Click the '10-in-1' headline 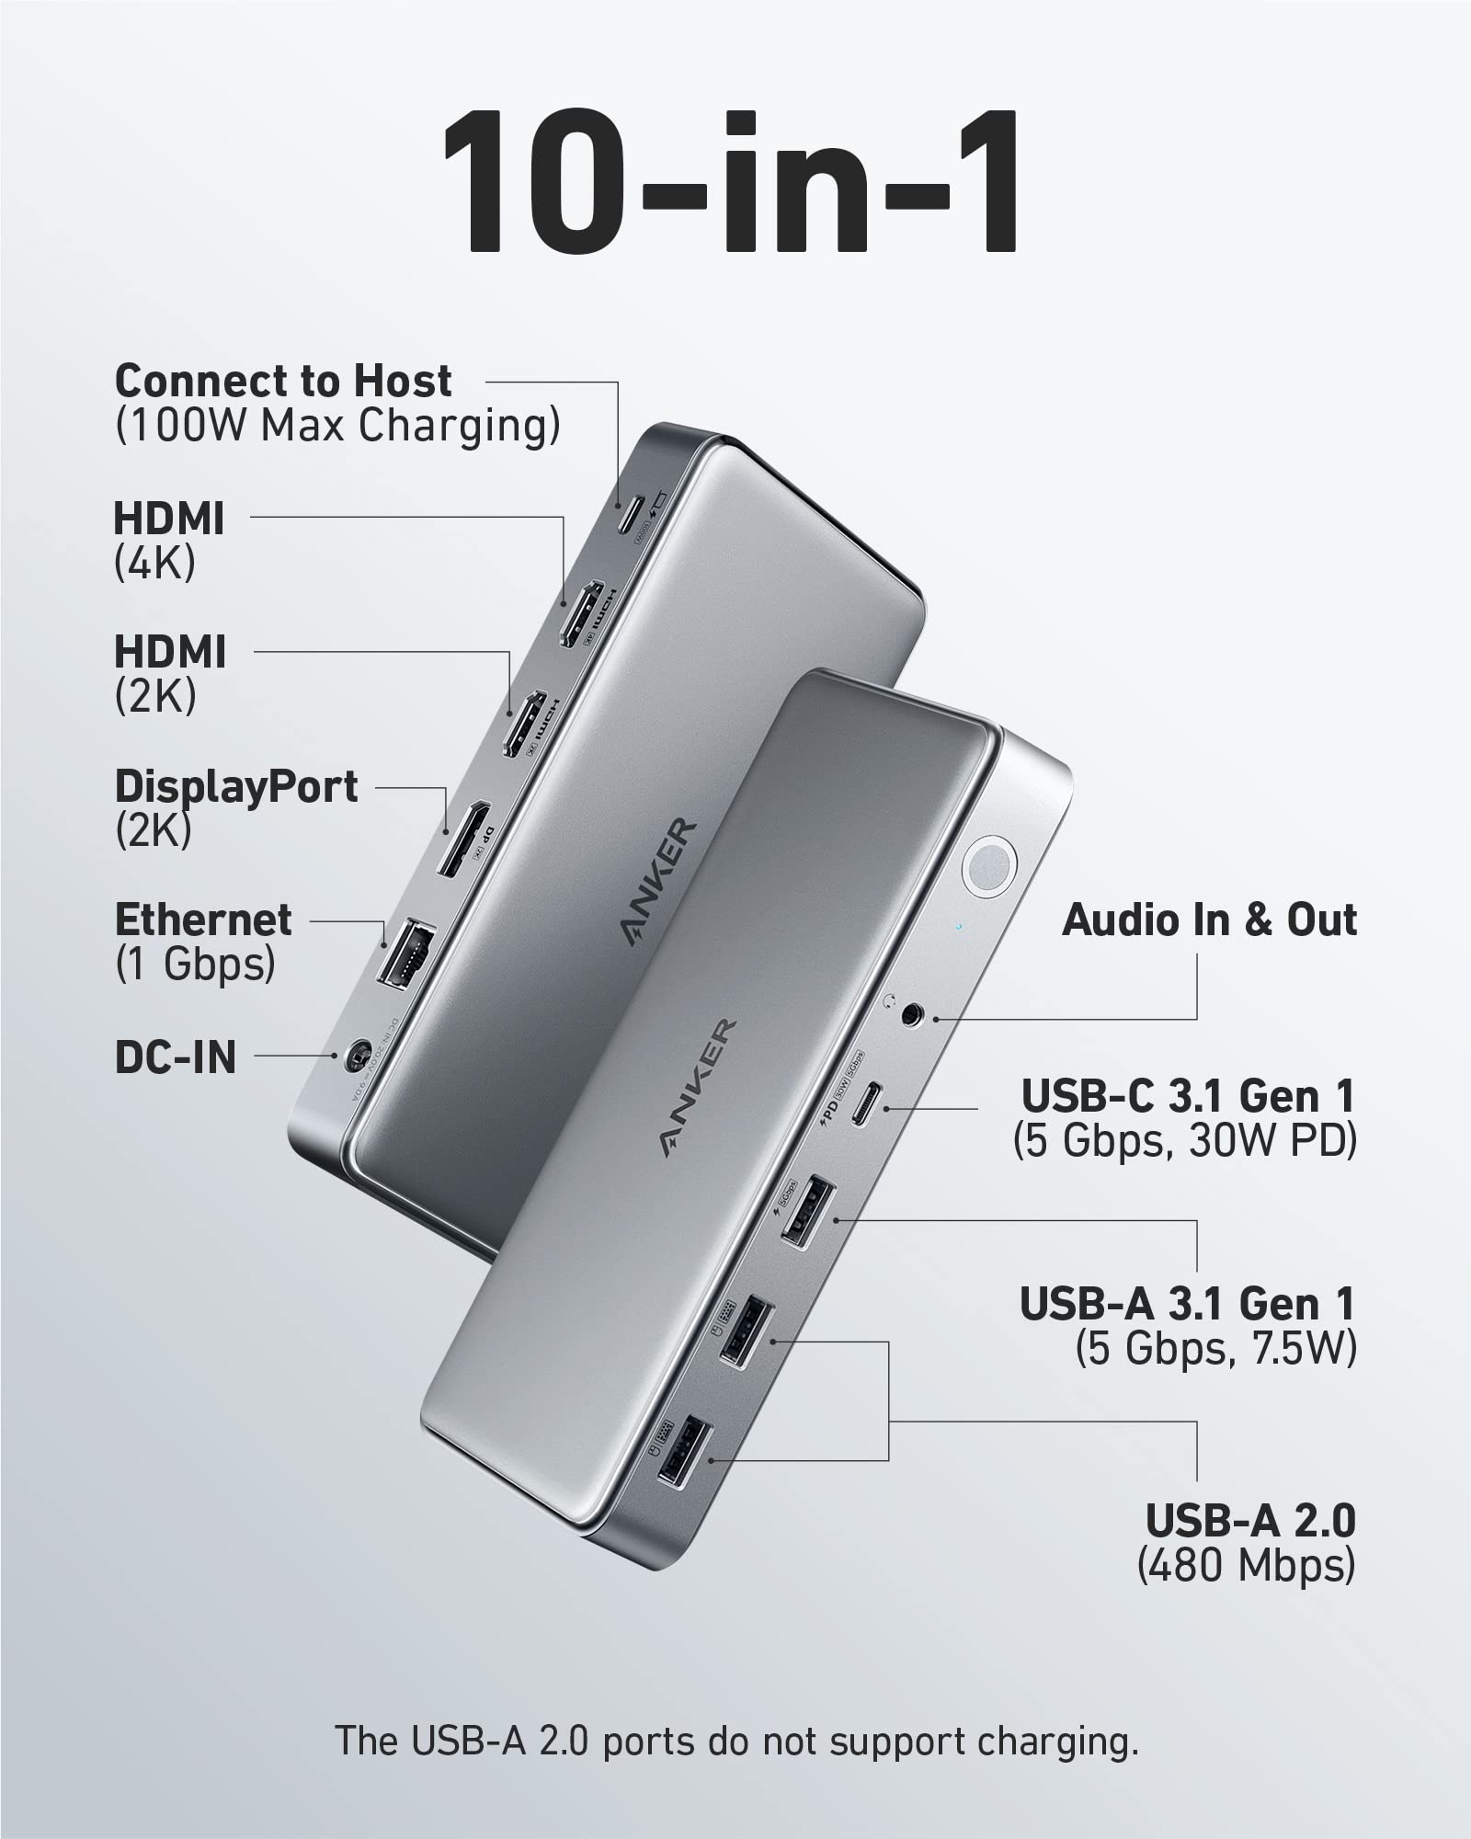732,184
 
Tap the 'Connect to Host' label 283,381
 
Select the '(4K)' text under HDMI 154,562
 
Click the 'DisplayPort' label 236,787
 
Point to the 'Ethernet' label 203,920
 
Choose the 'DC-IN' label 176,1057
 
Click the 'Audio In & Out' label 1209,920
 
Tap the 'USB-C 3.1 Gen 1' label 1188,1096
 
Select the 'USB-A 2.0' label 1250,1521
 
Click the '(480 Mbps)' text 1246,1565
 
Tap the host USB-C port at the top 630,516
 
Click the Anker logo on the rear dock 658,882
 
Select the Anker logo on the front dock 699,1087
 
